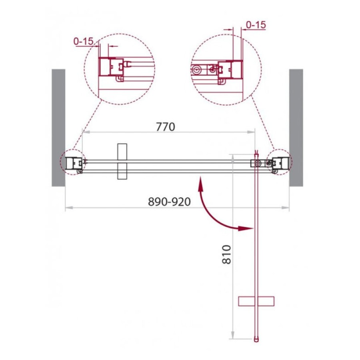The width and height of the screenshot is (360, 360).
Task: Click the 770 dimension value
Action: click(x=165, y=127)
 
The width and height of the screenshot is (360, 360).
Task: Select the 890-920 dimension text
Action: click(x=169, y=202)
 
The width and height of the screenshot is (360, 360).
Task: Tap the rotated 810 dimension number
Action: click(x=227, y=254)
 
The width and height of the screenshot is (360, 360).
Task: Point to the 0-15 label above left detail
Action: click(x=83, y=41)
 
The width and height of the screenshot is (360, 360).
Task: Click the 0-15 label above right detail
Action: click(x=256, y=25)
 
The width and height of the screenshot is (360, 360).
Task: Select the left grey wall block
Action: click(x=58, y=128)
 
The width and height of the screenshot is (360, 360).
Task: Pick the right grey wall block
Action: click(x=296, y=128)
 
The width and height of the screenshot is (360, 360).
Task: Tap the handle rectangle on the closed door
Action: click(x=122, y=162)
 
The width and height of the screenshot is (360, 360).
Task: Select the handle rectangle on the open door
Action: click(x=256, y=301)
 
